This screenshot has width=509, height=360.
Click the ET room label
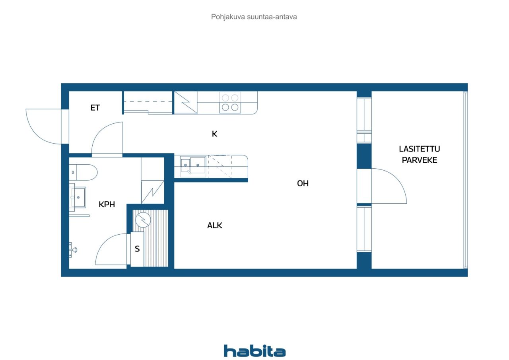(95, 107)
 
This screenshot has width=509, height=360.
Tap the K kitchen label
(214, 134)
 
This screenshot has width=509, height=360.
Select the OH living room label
(303, 183)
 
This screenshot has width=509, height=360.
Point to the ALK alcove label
(214, 226)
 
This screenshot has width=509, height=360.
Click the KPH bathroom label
(107, 204)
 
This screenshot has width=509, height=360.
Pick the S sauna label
(137, 249)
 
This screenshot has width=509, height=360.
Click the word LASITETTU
(419, 149)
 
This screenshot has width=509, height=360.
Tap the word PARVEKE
(419, 160)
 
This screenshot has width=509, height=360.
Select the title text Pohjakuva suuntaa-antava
(254, 17)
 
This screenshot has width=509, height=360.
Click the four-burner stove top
(230, 103)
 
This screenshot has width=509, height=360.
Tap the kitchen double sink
(193, 166)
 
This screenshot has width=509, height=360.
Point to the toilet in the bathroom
(83, 173)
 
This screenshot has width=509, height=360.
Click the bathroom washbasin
(78, 197)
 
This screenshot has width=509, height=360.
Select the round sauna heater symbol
(143, 220)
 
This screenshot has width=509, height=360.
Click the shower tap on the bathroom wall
(73, 250)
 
